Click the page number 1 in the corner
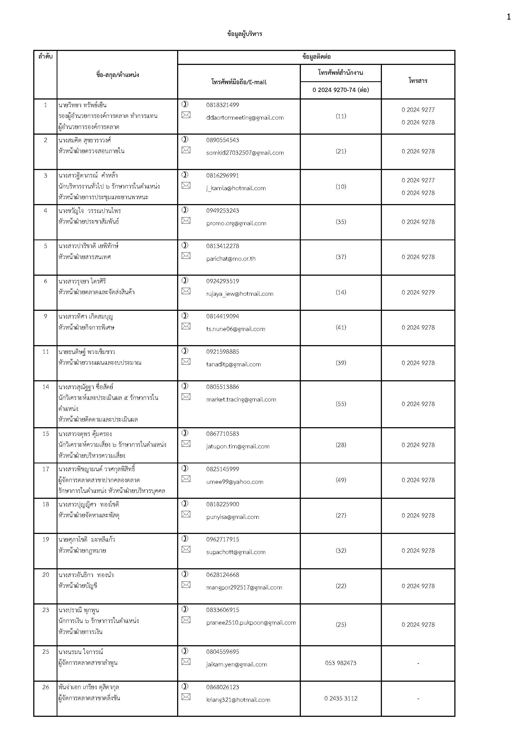(x=509, y=17)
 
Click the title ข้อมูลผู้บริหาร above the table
(x=244, y=34)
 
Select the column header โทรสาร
(x=418, y=81)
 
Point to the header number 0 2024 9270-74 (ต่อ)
(x=341, y=90)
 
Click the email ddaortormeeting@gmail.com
(x=245, y=118)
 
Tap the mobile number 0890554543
(x=222, y=140)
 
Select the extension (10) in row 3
(x=341, y=186)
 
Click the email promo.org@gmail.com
(x=236, y=223)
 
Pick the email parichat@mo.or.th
(x=231, y=259)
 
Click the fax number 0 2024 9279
(x=418, y=292)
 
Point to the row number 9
(x=45, y=316)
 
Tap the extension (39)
(x=341, y=363)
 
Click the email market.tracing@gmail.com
(x=241, y=399)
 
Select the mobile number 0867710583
(x=222, y=434)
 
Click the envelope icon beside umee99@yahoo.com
(x=186, y=479)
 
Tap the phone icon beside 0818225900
(x=185, y=503)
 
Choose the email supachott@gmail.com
(x=236, y=552)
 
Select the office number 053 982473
(x=341, y=663)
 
